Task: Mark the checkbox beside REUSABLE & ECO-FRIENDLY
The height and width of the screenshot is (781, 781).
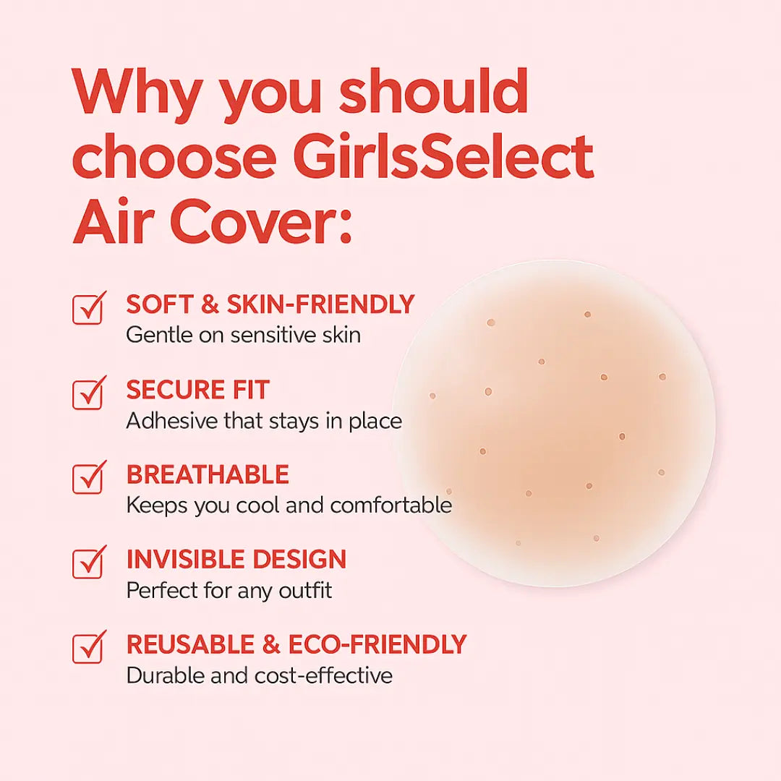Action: coord(88,648)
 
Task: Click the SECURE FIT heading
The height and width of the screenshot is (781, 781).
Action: coord(197,390)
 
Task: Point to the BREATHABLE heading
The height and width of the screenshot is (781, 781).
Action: coord(208,475)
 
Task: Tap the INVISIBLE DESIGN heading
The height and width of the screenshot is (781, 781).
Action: coord(236,560)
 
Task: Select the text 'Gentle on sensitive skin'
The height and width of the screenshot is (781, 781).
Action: coord(243,336)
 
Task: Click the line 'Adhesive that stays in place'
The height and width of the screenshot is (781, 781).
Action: coord(264,421)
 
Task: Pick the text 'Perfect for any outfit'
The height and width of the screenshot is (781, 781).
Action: coord(229,590)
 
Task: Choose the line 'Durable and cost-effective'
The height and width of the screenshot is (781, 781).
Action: coord(259,675)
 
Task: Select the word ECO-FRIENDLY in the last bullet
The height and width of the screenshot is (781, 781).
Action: coord(377,644)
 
